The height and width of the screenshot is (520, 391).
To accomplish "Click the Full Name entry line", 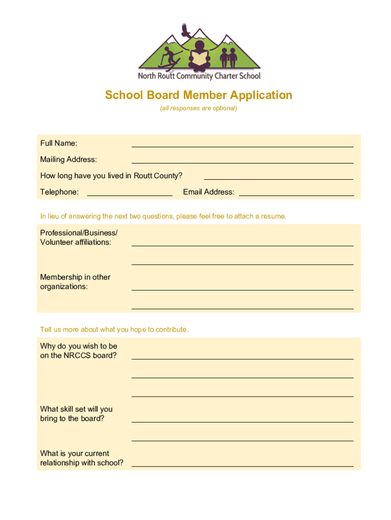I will pyautogui.click(x=242, y=146).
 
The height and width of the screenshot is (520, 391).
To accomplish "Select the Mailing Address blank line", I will pyautogui.click(x=242, y=162).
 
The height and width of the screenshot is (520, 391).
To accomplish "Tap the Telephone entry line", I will pyautogui.click(x=129, y=194).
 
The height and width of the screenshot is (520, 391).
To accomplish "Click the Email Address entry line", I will pyautogui.click(x=296, y=194).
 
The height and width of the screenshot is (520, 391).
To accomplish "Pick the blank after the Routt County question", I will pyautogui.click(x=278, y=178).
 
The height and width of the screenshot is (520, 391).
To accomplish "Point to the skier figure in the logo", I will pyautogui.click(x=169, y=57).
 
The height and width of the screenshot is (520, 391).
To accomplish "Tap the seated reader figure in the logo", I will pyautogui.click(x=199, y=55).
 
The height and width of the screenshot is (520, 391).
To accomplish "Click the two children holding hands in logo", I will pyautogui.click(x=229, y=56).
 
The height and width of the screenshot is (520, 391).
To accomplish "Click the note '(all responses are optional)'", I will pyautogui.click(x=199, y=108).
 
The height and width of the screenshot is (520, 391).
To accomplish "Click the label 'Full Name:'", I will pyautogui.click(x=59, y=143).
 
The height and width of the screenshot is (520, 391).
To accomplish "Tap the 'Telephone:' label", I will pyautogui.click(x=59, y=192).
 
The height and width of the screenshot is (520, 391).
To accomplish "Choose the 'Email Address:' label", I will pyautogui.click(x=209, y=192).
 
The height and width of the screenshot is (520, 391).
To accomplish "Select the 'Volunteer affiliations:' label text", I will pyautogui.click(x=76, y=242).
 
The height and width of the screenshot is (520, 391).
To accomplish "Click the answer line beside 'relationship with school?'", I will pyautogui.click(x=242, y=465).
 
